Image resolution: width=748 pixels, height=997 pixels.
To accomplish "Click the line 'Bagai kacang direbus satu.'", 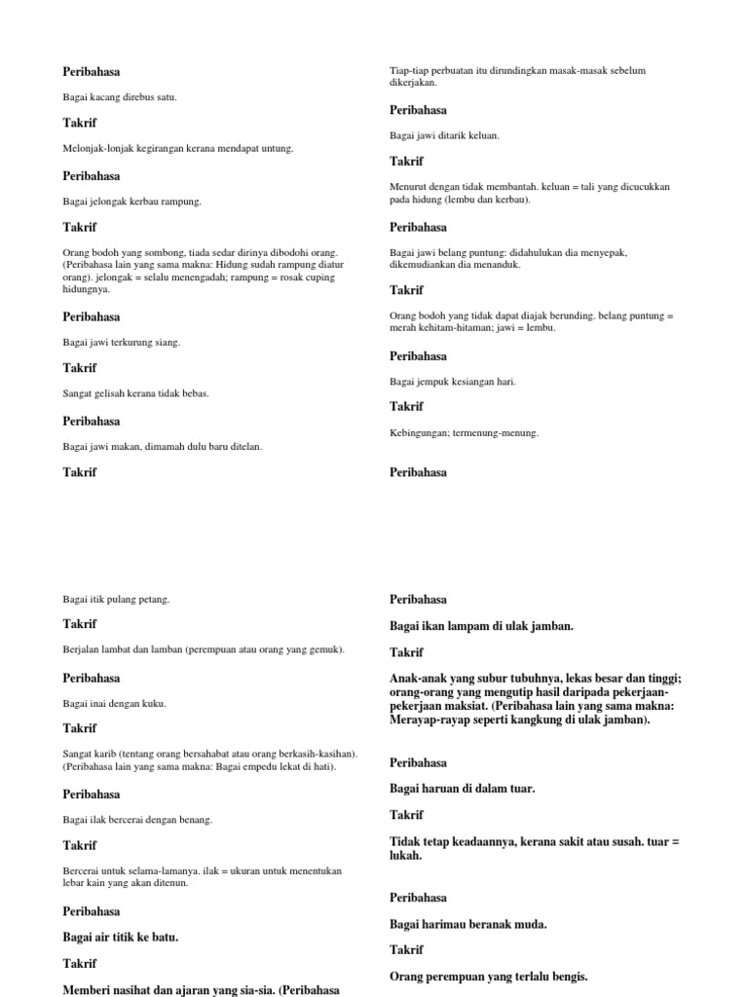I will point(120,97).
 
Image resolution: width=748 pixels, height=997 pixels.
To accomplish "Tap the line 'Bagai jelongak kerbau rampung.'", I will point(131,202).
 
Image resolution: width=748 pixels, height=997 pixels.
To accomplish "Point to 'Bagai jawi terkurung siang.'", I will point(122,343).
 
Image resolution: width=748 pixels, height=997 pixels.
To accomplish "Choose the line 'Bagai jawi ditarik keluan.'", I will point(444,135).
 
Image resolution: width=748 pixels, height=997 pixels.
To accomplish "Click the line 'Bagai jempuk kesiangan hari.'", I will point(453,381).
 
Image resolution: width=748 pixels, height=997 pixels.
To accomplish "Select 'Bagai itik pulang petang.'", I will point(116,599).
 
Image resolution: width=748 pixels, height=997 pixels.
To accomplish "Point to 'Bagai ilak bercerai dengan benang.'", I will point(137,820).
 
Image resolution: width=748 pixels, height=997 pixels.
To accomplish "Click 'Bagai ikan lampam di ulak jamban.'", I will point(481,626).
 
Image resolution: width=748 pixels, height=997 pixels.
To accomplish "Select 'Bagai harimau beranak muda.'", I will point(468,924).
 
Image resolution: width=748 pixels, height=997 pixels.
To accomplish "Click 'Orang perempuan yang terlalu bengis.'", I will point(489,977).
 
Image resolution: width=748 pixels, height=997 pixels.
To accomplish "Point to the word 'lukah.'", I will point(406,855).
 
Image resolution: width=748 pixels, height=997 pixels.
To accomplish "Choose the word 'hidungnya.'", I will point(87,289).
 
